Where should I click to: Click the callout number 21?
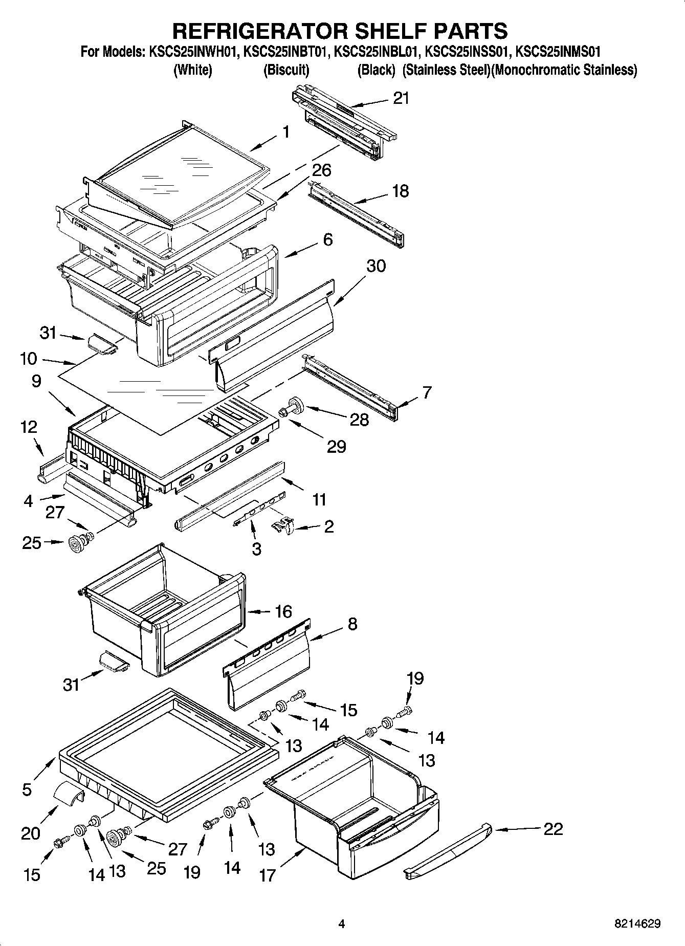pos(401,98)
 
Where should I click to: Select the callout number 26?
pos(322,170)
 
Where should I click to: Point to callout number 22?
pos(553,828)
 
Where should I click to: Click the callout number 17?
pos(267,875)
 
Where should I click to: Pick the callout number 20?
pos(31,833)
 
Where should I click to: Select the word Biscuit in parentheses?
pos(286,70)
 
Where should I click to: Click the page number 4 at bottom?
pos(342,923)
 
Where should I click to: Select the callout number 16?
pos(283,611)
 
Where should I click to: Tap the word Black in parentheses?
pos(376,70)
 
